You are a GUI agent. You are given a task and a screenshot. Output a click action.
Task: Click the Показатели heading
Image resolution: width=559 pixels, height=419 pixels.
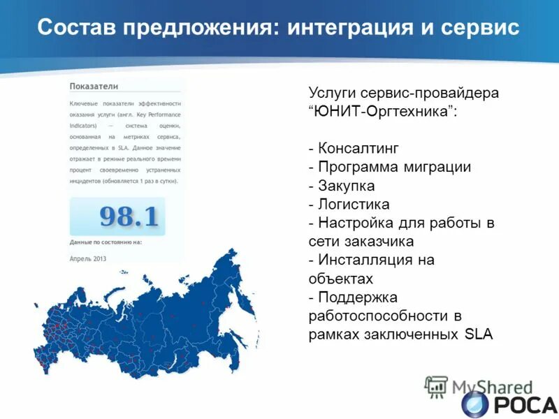[x=94, y=86]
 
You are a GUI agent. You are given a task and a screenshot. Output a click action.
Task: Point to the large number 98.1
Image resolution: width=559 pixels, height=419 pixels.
[x=129, y=216]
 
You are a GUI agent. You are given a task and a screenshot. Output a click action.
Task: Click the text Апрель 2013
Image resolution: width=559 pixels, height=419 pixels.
[x=88, y=258]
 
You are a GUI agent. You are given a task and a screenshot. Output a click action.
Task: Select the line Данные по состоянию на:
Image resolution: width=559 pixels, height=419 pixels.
[x=106, y=242]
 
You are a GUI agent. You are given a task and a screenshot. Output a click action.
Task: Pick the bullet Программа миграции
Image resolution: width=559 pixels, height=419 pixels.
[x=394, y=168]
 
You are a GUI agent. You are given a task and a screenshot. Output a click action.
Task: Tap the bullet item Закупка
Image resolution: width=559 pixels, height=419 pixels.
[x=346, y=186]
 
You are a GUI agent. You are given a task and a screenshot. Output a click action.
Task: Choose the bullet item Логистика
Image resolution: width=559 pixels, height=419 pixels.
[x=354, y=205]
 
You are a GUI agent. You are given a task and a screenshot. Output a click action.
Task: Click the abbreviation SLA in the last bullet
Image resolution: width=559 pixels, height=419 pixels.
[x=479, y=335]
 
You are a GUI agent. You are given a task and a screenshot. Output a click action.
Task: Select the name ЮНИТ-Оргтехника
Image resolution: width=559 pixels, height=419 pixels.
[x=381, y=112]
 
